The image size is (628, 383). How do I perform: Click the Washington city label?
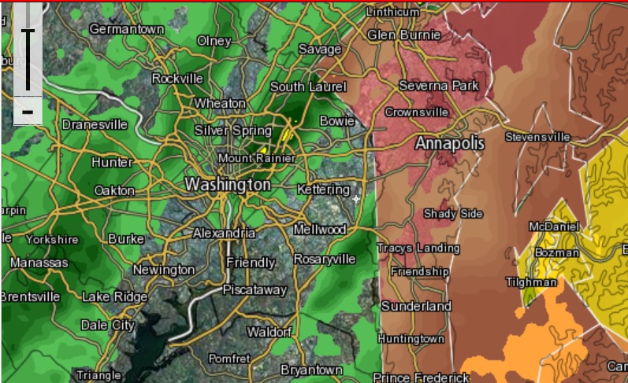coord(227,184)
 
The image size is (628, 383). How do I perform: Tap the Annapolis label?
coord(449,144)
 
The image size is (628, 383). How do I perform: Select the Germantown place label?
coord(127,28)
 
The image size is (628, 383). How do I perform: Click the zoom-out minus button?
coord(28,112)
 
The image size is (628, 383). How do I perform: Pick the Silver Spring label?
coord(232,130)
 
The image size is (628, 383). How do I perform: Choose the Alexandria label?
coord(224,233)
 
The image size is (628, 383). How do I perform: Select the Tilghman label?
coord(532,282)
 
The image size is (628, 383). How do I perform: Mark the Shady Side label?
coord(453,213)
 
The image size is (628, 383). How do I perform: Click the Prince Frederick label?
coord(421,377)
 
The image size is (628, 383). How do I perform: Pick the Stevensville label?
coord(537,137)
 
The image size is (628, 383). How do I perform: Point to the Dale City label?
coord(108,324)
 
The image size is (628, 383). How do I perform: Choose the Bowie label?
coord(336,120)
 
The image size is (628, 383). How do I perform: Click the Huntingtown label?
coord(411,338)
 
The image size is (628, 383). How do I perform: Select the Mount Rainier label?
coord(256,159)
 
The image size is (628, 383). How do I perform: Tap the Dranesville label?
coord(95,124)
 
